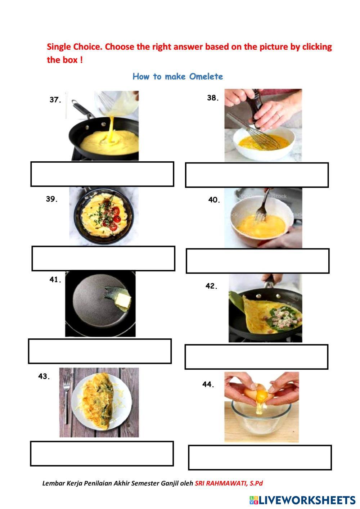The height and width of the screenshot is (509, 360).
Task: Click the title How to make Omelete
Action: coord(178,76)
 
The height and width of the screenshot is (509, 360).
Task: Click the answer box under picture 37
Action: coord(102,174)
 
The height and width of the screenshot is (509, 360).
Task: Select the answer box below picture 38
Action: coord(257,175)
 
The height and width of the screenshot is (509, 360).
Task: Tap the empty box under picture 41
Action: coord(100,351)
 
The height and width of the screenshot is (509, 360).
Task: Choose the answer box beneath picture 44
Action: coord(260,458)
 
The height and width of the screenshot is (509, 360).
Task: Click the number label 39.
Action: coord(52,199)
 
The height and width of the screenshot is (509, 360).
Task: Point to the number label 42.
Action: coord(212,286)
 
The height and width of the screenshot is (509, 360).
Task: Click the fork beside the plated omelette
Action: coord(66,400)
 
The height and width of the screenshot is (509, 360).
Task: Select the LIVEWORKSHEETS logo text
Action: coord(306,500)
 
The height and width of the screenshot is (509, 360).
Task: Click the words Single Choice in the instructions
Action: coord(74,47)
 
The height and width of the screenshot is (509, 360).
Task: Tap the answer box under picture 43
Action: coord(102,454)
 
